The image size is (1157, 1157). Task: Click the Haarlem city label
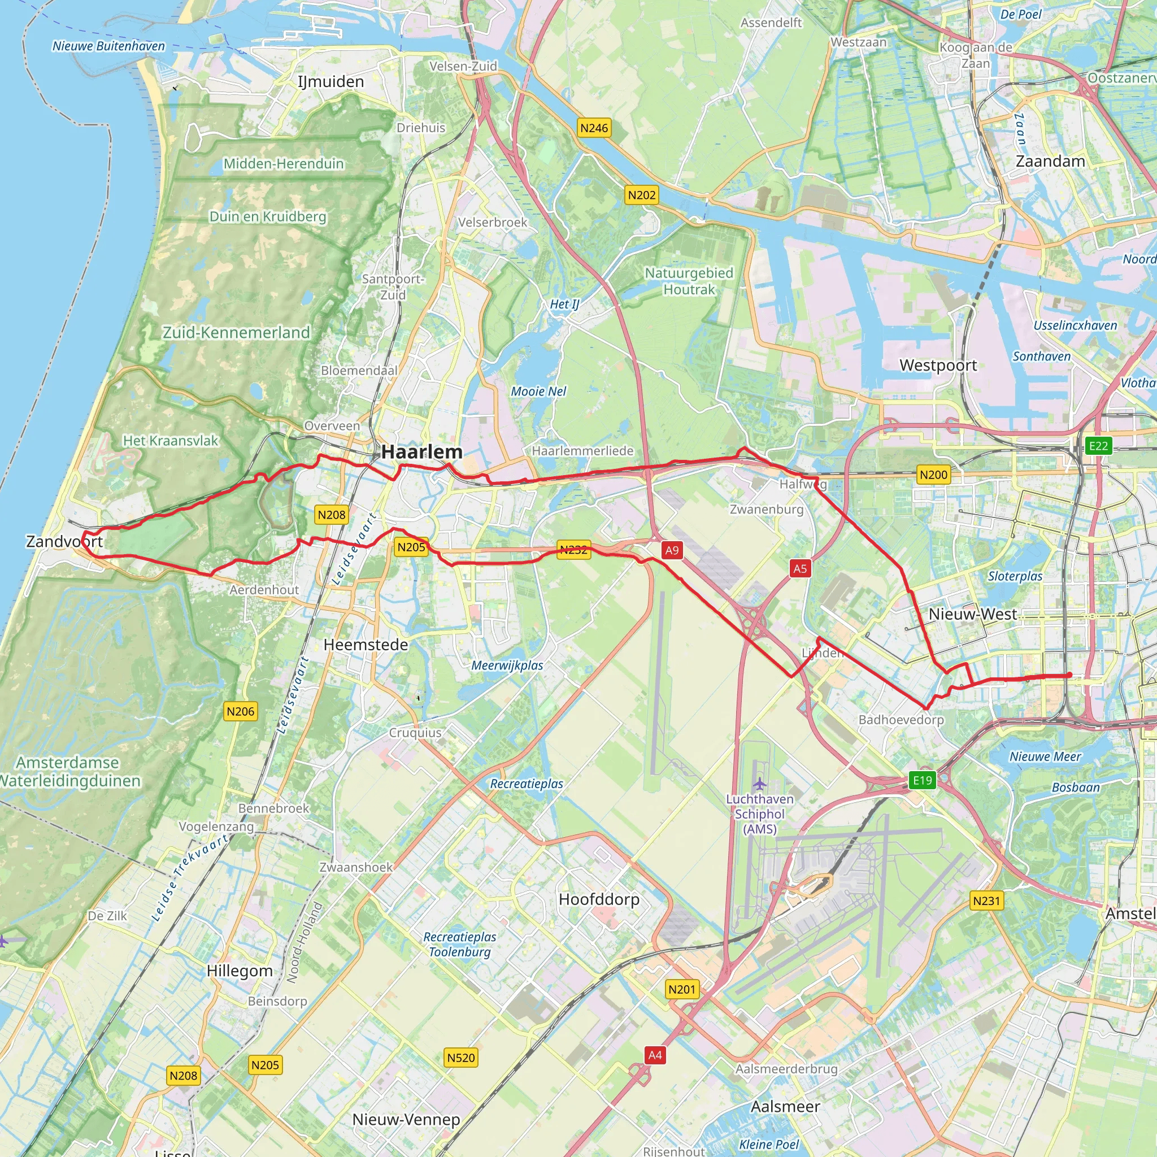click(421, 452)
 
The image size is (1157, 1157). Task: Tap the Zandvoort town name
click(64, 541)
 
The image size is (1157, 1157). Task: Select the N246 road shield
click(594, 128)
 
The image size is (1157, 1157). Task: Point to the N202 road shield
click(641, 195)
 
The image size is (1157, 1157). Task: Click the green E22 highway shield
click(1098, 446)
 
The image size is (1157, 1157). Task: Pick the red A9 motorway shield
click(672, 550)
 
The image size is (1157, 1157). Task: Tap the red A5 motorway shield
click(800, 568)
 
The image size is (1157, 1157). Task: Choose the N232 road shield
click(573, 550)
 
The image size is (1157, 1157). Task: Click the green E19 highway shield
click(922, 780)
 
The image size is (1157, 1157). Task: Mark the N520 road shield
click(460, 1058)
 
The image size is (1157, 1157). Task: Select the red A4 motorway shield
click(655, 1055)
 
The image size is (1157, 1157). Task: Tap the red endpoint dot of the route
click(1069, 676)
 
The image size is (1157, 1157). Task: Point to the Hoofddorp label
click(599, 899)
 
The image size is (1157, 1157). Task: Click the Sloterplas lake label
click(1015, 576)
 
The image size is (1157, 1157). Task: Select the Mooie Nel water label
click(538, 391)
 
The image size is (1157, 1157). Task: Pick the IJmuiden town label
click(330, 81)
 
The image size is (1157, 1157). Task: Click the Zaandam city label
click(1050, 161)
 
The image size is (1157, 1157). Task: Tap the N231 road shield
click(986, 901)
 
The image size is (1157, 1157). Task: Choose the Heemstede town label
click(366, 645)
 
